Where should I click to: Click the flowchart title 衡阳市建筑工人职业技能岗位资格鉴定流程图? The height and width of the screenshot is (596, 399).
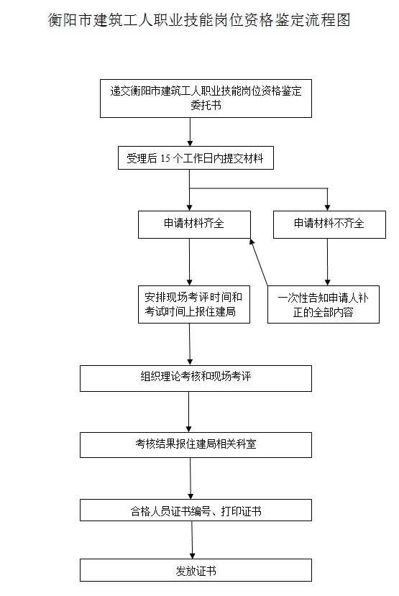point(198,19)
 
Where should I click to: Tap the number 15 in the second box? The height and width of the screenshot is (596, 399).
point(165,158)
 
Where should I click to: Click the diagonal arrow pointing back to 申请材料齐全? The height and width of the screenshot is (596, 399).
point(259,262)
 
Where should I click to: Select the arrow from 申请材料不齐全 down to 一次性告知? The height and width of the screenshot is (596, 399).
point(327,262)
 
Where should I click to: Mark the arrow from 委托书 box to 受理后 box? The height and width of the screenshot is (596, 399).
point(190,132)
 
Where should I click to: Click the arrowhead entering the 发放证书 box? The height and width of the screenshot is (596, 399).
point(192,556)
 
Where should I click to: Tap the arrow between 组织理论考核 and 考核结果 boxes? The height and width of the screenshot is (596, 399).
point(189,412)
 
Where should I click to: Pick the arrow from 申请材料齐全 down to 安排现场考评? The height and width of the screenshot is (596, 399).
point(190,262)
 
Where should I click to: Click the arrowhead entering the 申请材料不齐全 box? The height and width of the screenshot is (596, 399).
point(327,208)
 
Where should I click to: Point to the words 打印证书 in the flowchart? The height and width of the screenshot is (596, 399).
point(241,511)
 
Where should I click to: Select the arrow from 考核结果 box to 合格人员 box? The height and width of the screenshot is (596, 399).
point(191,479)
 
